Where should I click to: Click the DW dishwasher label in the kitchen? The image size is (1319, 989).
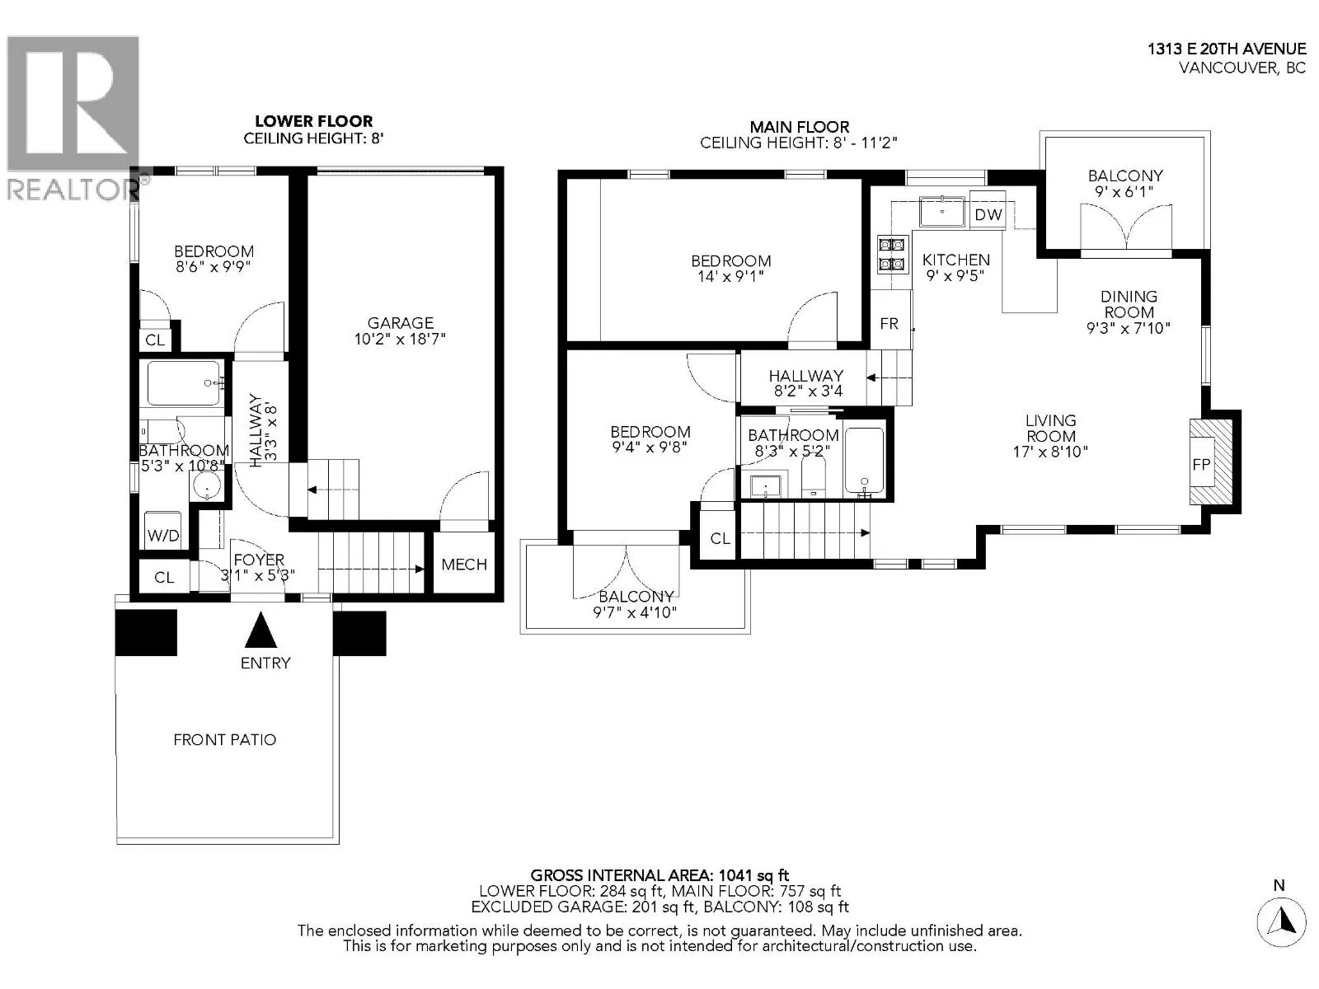(988, 214)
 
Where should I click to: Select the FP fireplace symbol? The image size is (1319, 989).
(1210, 462)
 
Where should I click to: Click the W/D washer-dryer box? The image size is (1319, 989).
(163, 529)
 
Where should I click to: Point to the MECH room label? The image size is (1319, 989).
(464, 565)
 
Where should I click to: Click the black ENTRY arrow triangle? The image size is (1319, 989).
(261, 630)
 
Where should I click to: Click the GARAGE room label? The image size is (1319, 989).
(400, 323)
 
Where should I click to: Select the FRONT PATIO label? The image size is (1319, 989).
(225, 740)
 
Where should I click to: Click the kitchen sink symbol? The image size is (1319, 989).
(941, 211)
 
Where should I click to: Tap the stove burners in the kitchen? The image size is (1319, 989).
(892, 254)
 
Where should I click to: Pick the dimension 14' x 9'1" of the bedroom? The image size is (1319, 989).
(730, 277)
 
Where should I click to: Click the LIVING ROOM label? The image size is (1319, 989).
(1050, 428)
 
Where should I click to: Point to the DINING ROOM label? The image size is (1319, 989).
(1129, 304)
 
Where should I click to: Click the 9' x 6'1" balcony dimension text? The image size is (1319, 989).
(1125, 192)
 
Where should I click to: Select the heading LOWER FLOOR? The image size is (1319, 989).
(314, 121)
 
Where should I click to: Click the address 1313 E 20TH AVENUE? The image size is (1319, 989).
(1227, 49)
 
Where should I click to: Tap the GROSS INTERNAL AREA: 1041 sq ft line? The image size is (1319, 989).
(659, 876)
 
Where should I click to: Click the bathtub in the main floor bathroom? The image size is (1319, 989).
(864, 460)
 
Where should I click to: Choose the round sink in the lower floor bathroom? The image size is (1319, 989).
(208, 485)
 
